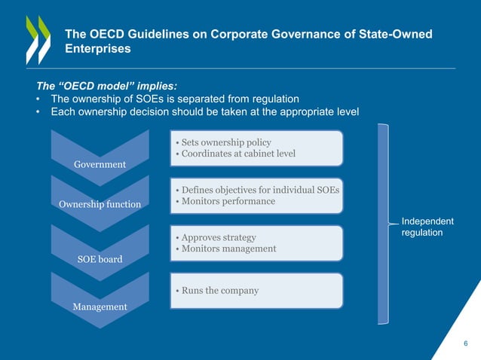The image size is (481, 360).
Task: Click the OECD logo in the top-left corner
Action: tap(38, 39)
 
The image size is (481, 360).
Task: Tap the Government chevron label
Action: tap(100, 164)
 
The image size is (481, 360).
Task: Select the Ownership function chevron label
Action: tap(100, 203)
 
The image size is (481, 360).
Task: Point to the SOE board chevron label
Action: tap(100, 259)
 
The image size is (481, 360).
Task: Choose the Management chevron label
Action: tap(100, 307)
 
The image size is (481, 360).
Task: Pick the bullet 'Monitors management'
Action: tap(227, 249)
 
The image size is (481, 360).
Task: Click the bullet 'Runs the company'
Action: tap(218, 291)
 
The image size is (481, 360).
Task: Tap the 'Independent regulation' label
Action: tap(427, 227)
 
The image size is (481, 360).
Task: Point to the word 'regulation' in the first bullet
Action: tap(274, 99)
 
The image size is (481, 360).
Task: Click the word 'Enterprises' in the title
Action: tap(98, 49)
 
